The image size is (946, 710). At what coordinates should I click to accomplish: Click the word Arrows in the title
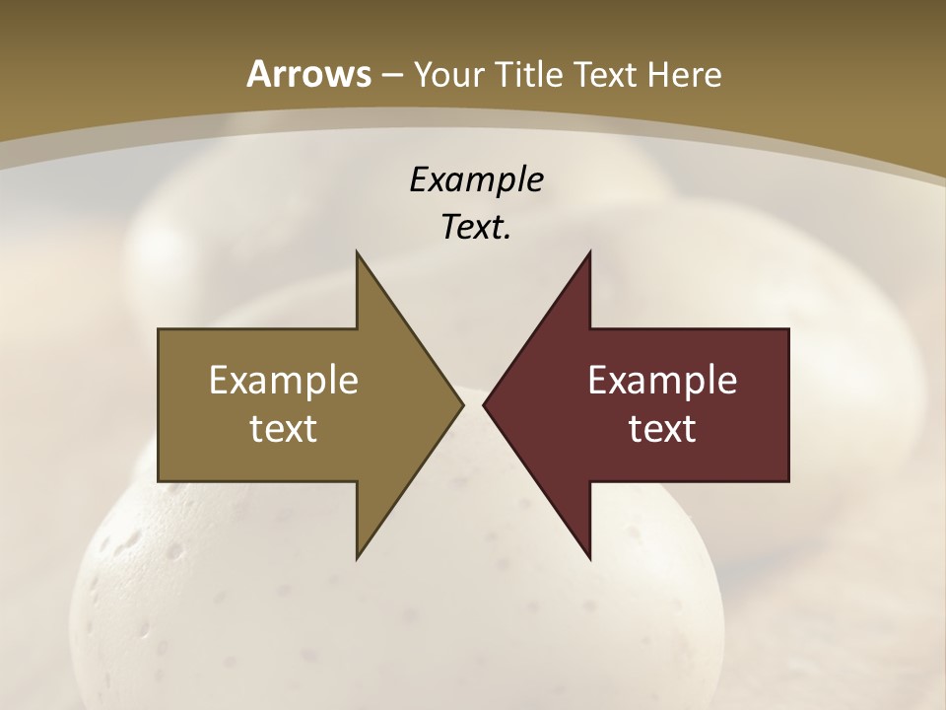[x=308, y=74]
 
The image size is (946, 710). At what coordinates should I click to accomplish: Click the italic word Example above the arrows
[x=476, y=179]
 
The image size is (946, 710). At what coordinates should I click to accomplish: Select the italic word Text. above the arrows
[x=476, y=228]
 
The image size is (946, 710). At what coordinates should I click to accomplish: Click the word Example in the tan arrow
[x=284, y=381]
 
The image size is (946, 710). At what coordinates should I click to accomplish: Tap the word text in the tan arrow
[x=284, y=428]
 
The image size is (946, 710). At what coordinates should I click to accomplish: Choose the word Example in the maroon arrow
[x=662, y=381]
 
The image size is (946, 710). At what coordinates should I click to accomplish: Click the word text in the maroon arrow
[x=662, y=428]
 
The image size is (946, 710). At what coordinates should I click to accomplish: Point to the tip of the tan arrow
[x=460, y=404]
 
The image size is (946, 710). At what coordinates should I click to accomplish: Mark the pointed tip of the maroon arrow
[x=486, y=404]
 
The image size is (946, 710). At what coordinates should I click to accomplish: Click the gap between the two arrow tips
[x=473, y=404]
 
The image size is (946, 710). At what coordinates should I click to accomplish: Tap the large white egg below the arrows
[x=394, y=611]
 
